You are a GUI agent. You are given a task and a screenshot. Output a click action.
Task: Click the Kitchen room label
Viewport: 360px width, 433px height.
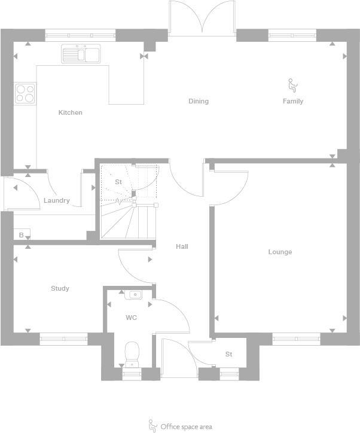point(70,112)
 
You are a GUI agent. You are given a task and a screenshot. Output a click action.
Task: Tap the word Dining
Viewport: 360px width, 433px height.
point(199,101)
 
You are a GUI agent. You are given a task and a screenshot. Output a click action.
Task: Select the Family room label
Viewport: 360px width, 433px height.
point(293,101)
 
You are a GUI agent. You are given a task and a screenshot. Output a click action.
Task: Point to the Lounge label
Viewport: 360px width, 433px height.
point(280,252)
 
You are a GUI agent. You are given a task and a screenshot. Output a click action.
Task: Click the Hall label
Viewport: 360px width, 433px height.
point(182,246)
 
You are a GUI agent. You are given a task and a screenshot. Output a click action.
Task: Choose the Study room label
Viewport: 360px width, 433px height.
point(60,288)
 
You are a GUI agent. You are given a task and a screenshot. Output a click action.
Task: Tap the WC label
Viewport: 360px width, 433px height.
point(131,318)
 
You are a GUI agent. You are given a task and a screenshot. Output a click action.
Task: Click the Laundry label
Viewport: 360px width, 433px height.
point(56,200)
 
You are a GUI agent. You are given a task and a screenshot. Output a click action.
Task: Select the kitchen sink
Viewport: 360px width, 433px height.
point(81,55)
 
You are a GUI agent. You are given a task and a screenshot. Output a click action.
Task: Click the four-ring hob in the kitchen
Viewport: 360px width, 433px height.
point(25,93)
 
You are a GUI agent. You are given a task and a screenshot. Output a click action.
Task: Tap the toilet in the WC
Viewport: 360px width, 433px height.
point(131,354)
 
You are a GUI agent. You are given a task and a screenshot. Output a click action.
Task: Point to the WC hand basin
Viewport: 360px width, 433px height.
point(134,294)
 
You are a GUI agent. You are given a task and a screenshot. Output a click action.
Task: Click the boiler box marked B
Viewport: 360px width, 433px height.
point(22,234)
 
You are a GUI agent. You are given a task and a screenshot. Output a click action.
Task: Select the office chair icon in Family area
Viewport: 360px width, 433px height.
point(292,85)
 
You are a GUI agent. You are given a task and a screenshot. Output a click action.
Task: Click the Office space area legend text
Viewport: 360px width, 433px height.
point(186,427)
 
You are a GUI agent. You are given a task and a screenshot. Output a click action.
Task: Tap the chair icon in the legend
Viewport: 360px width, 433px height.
point(152,425)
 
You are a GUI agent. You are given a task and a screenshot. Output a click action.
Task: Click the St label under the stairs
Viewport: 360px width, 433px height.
point(118,182)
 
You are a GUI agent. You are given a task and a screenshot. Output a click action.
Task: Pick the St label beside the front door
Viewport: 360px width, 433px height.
point(228,354)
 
